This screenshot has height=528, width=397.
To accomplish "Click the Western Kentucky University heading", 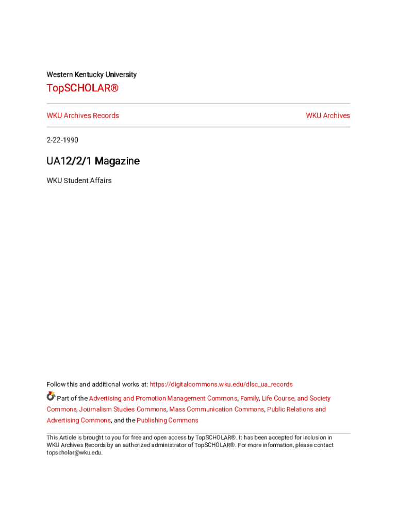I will pos(91,75).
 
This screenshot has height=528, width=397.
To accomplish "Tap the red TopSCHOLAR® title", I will pos(82,89).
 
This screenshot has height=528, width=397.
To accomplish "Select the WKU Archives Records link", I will pos(82,115).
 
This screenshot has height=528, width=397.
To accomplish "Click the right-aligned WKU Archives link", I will pos(327,115).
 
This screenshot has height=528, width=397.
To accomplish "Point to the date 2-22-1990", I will pos(62,140).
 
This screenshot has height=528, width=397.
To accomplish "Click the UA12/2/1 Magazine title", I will pos(93,161).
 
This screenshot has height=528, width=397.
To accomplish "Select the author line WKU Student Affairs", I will pos(79,181).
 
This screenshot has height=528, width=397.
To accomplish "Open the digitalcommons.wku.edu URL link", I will pos(221,384).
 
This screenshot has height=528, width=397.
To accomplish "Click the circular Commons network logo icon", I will pos(51,397).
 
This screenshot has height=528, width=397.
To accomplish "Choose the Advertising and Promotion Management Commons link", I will pos(163,399).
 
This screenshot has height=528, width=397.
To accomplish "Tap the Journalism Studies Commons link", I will pos(123,409).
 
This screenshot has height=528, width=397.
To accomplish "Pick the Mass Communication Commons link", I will pos(217,409).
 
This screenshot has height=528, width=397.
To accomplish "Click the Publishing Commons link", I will pos(167,421).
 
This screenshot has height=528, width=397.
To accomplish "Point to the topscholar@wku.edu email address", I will pos(74,453).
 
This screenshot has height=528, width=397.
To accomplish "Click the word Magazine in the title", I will pos(117,161).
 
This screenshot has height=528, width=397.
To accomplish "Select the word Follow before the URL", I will pos(56,384).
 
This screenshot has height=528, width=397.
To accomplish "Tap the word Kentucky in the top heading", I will pos(90,75).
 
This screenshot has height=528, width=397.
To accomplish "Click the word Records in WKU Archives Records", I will pos(106,115).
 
